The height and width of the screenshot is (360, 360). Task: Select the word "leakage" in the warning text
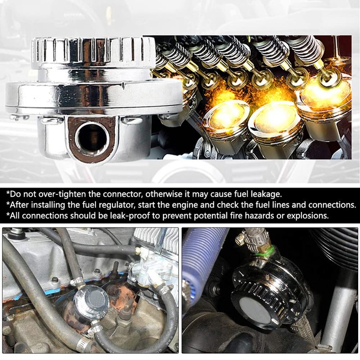coord(266,194)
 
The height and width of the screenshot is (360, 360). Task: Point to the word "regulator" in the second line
coord(116,205)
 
